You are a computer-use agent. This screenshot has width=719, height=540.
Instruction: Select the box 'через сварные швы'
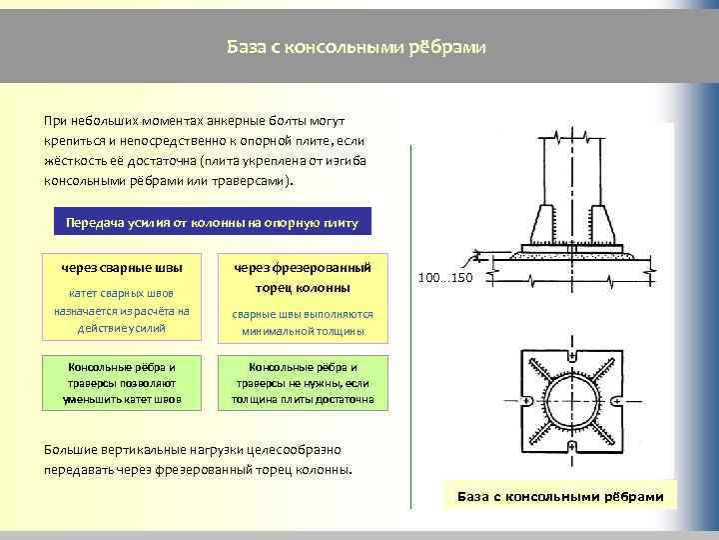coord(121,268)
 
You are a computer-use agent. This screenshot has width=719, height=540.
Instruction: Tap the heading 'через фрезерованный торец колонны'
coord(303,278)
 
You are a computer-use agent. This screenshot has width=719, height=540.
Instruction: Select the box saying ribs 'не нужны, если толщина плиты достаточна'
coord(303,383)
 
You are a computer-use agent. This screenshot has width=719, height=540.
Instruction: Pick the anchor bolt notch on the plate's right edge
coord(618,402)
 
